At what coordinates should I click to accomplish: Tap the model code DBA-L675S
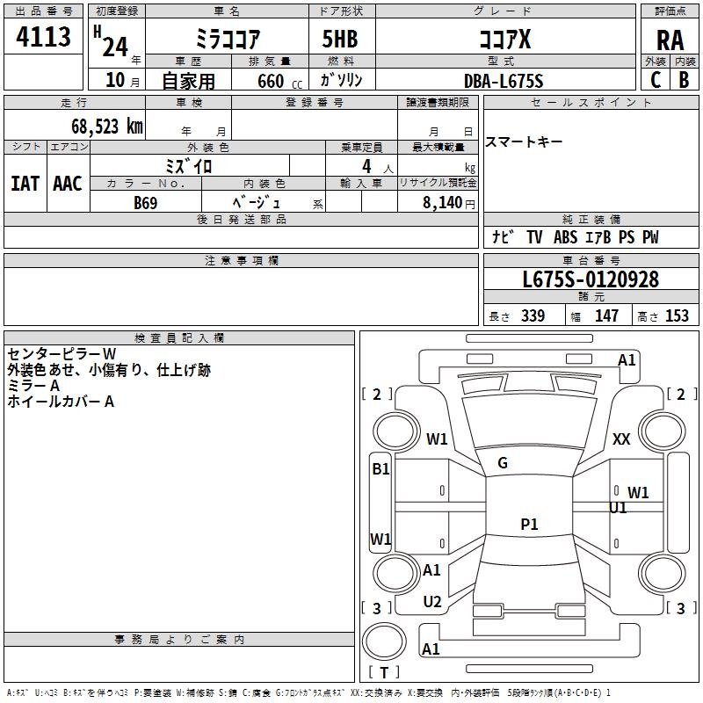504,81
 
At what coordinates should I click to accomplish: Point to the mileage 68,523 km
100,126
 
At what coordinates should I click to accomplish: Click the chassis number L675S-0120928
590,279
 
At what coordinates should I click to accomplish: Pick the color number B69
146,202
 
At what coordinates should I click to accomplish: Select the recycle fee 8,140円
448,202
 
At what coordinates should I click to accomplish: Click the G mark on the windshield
503,463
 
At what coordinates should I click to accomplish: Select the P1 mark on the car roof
529,525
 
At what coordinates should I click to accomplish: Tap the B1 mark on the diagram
380,469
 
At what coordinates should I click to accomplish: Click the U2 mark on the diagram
431,601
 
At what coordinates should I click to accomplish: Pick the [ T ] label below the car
384,673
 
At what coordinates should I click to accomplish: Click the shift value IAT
25,183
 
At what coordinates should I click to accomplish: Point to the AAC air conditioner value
68,183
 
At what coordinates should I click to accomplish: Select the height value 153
677,316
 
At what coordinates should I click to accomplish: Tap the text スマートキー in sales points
524,142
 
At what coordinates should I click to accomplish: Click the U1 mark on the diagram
618,508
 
